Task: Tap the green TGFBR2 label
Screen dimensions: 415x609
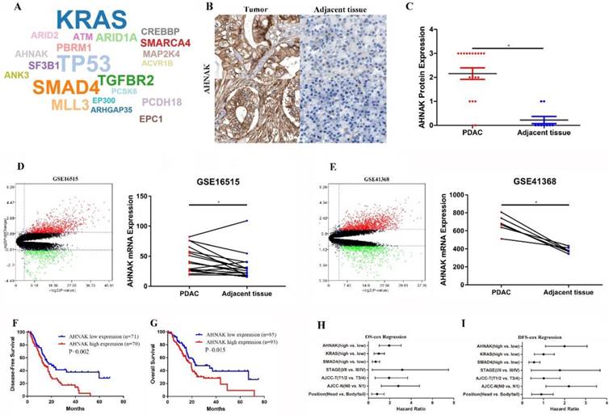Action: click(124, 81)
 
